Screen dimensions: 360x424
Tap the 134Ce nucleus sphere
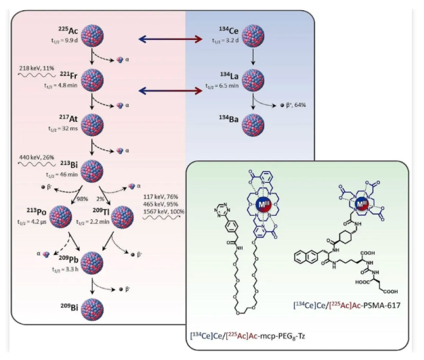click(x=251, y=40)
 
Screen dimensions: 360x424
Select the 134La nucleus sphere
click(x=251, y=87)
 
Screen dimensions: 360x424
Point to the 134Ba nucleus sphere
click(x=251, y=126)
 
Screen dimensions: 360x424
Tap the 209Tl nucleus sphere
click(x=125, y=217)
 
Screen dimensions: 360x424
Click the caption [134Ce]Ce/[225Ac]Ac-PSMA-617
click(x=347, y=305)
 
